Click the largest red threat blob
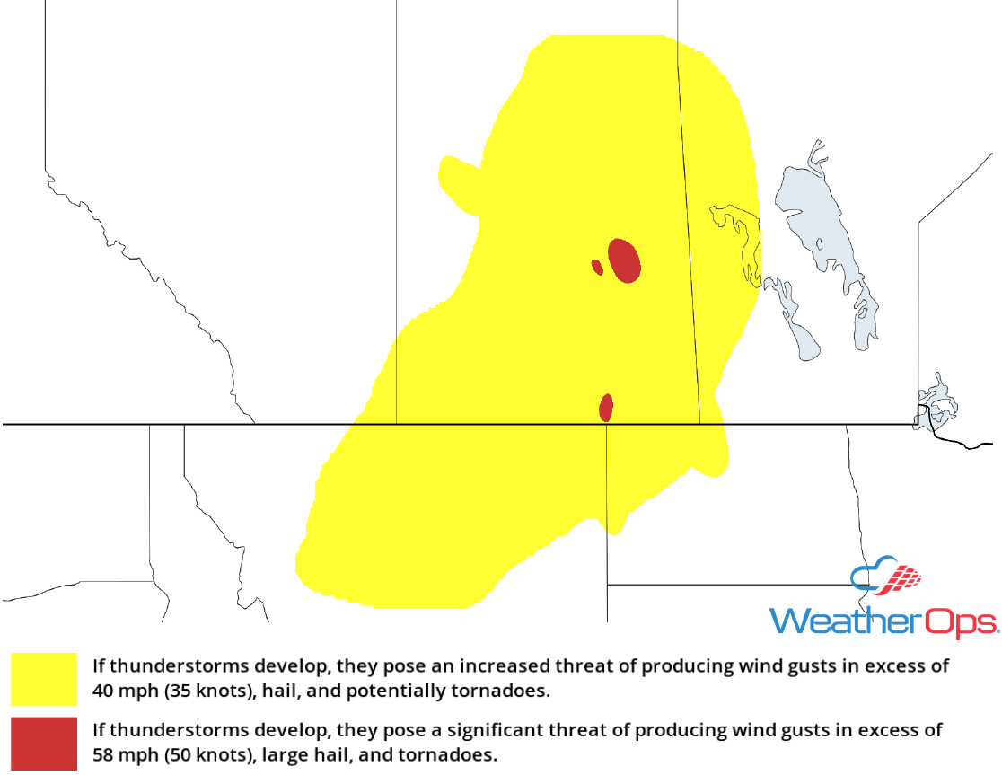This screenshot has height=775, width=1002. (x=624, y=260)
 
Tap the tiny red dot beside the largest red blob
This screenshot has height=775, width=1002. (x=597, y=267)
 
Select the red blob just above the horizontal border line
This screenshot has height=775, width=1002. (x=606, y=408)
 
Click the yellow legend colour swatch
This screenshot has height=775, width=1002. (x=44, y=679)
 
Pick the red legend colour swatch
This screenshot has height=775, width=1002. (x=44, y=744)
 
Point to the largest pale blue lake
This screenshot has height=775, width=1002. (x=822, y=225)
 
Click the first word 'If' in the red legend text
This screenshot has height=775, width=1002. (x=99, y=730)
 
